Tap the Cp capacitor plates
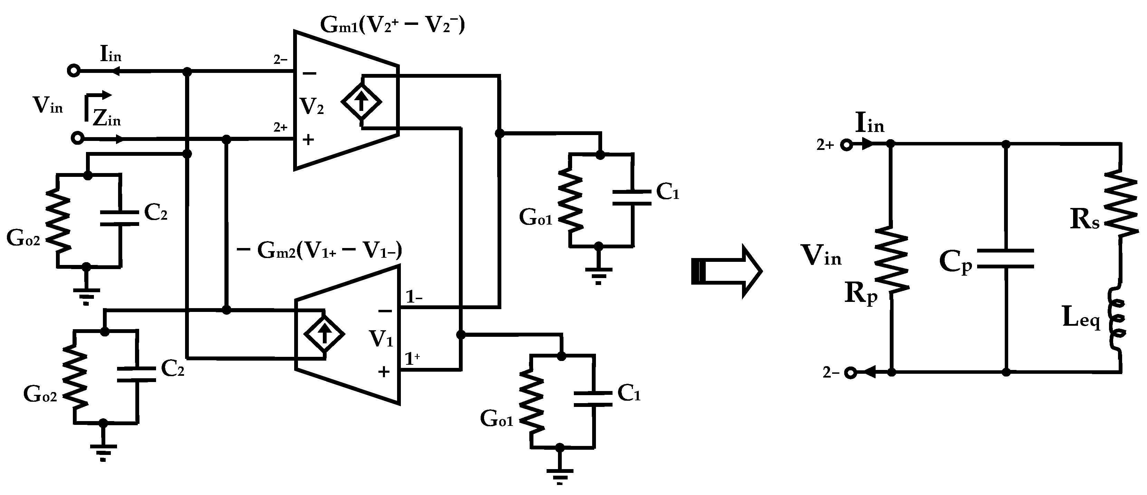click(x=1006, y=259)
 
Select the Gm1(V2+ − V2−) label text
click(x=392, y=26)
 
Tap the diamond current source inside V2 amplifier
click(x=361, y=102)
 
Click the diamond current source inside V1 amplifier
click(x=324, y=333)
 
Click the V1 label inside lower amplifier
click(x=381, y=339)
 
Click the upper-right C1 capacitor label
click(x=667, y=192)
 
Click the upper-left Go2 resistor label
click(x=23, y=238)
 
